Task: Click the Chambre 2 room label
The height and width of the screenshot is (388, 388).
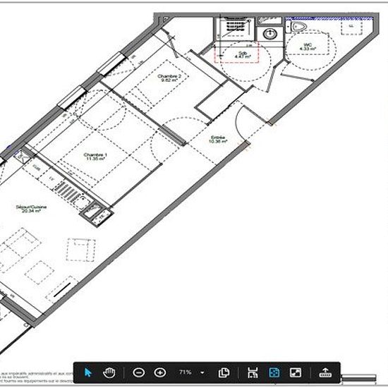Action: (170, 78)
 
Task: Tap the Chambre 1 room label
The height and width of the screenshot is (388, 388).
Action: (95, 156)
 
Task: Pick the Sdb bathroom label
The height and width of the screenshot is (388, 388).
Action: (242, 54)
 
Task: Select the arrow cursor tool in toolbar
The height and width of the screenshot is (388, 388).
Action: (88, 372)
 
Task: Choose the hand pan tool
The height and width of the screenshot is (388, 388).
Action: (109, 372)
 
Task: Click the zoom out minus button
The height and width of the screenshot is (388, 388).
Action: (139, 372)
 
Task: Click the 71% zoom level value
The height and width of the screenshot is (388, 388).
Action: (185, 372)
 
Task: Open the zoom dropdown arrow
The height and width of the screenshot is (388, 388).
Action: (203, 372)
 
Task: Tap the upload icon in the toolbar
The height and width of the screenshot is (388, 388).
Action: (325, 372)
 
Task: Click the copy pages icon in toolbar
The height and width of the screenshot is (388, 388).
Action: (224, 372)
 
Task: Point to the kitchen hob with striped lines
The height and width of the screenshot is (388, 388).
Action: (68, 192)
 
